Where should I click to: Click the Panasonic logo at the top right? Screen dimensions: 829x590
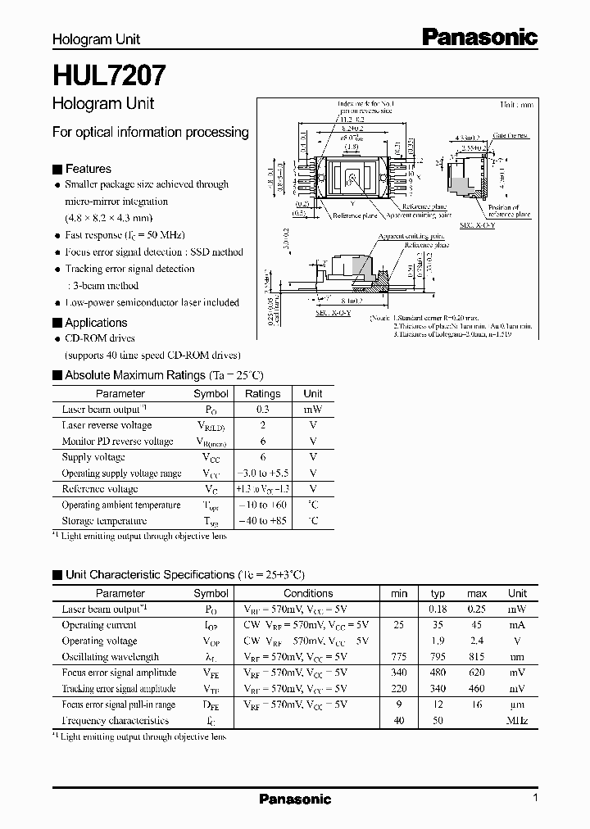click(x=479, y=37)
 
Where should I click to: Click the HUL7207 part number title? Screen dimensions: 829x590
click(x=109, y=76)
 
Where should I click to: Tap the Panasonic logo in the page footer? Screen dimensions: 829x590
click(x=295, y=799)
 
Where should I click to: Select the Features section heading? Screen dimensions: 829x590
click(x=88, y=169)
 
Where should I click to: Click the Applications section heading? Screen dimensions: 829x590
click(x=96, y=323)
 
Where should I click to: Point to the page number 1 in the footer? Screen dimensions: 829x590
click(x=535, y=798)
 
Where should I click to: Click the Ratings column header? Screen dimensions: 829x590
click(x=263, y=393)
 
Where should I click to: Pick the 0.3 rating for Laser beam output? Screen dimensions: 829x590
click(x=263, y=409)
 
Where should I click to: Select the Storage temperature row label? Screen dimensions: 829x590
click(x=104, y=521)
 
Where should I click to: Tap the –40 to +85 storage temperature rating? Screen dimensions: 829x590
click(x=263, y=521)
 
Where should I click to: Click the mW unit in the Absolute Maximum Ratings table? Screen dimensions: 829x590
click(x=313, y=409)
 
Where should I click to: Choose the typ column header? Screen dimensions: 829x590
click(x=438, y=593)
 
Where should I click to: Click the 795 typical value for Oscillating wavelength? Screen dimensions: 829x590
click(x=438, y=657)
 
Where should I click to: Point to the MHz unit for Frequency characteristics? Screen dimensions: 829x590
click(x=517, y=721)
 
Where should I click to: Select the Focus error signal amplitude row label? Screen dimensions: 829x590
click(x=118, y=673)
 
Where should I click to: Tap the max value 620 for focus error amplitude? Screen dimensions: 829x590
click(x=477, y=673)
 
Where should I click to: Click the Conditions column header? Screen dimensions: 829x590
click(x=308, y=593)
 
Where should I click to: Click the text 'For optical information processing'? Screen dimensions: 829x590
click(x=150, y=132)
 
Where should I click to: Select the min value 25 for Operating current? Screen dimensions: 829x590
click(x=399, y=625)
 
